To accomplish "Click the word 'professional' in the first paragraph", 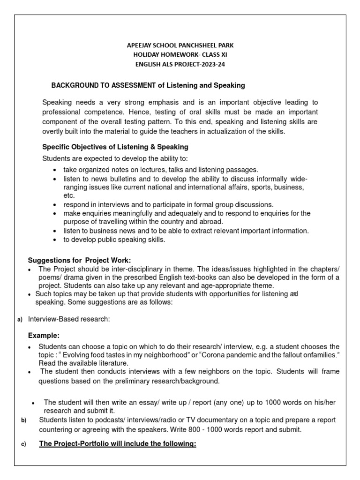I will pyautogui.click(x=62, y=112).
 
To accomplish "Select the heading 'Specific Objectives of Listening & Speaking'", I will pyautogui.click(x=115, y=147).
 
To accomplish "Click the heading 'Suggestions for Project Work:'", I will pyautogui.click(x=80, y=260).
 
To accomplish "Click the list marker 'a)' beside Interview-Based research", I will pyautogui.click(x=20, y=320).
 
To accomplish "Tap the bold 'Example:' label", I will pyautogui.click(x=44, y=336).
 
